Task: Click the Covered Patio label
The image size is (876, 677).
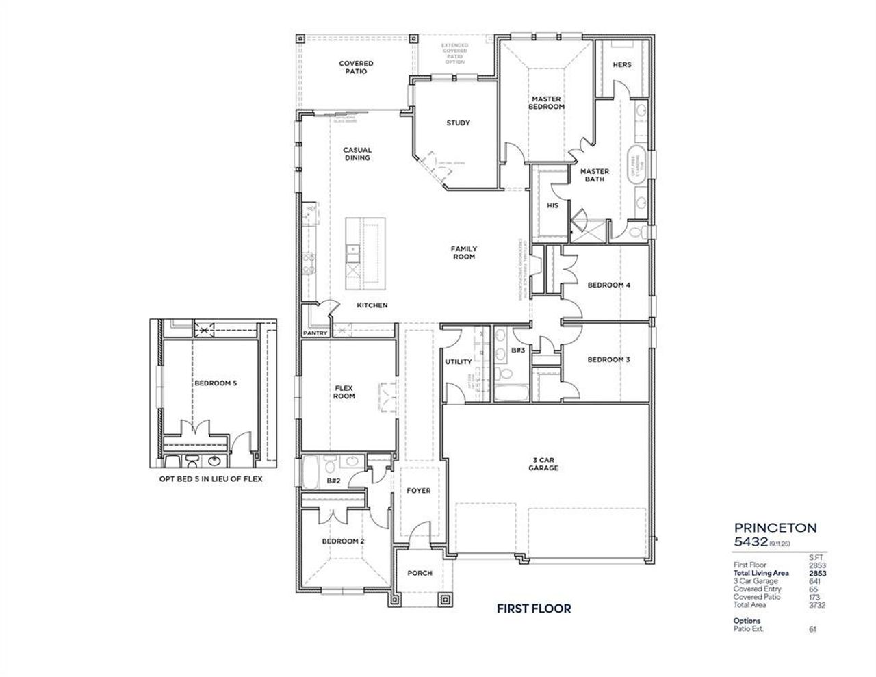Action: [356, 67]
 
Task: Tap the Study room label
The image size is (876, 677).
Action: [458, 123]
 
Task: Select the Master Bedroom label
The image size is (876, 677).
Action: [547, 103]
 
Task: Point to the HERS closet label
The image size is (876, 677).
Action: [621, 65]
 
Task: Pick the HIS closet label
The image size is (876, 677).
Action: [552, 205]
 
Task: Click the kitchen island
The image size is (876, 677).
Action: [365, 252]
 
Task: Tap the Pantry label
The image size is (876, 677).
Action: [315, 333]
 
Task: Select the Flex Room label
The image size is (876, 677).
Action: [344, 392]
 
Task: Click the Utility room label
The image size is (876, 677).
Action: [458, 362]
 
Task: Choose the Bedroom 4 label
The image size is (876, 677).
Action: [608, 285]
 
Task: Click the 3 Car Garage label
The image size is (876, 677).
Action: [543, 463]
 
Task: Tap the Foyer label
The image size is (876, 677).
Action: [418, 490]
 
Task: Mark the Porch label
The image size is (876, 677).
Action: [420, 573]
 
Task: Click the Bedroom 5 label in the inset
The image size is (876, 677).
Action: [215, 383]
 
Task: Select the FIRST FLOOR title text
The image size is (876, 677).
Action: [533, 608]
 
